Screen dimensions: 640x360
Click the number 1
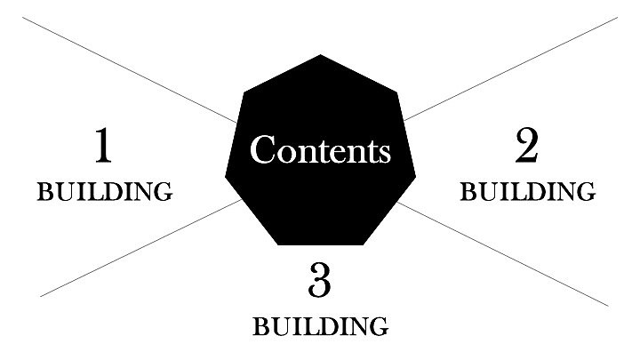coord(103,147)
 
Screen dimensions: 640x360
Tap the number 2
coord(526,147)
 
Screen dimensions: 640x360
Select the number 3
coord(320,281)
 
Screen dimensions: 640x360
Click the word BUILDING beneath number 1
coord(104,192)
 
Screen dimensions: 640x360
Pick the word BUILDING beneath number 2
coord(527,192)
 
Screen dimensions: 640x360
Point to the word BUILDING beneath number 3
coord(320,326)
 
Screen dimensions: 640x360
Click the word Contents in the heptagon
coord(320,150)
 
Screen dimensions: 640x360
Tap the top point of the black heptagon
coord(320,56)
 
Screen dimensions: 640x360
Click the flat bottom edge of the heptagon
coord(320,243)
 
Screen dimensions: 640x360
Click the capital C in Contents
coord(262,149)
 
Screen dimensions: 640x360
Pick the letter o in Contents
coord(285,153)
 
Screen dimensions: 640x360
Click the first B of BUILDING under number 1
coord(44,192)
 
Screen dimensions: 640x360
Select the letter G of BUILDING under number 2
coord(586,192)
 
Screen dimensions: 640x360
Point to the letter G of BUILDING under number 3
coord(379,326)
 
